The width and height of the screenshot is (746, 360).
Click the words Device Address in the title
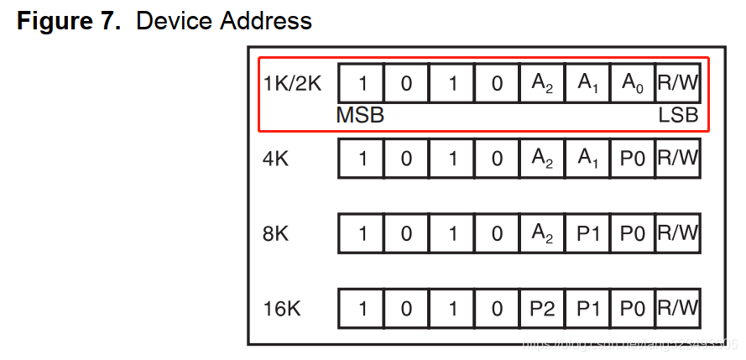[224, 20]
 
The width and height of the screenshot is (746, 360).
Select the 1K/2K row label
[292, 84]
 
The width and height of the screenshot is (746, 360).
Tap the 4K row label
[276, 158]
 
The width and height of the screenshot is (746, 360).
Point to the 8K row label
[276, 233]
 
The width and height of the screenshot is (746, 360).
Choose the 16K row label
[282, 308]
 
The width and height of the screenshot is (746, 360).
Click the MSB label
[360, 116]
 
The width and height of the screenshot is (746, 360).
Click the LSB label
[678, 116]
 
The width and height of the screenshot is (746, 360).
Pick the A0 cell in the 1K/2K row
[633, 84]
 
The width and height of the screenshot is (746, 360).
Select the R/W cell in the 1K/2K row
[678, 84]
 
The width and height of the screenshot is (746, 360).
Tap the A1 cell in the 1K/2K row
[587, 84]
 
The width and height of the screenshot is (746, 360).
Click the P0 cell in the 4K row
[633, 158]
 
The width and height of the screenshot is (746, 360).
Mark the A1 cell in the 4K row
[587, 158]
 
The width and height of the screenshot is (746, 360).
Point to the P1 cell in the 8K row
[587, 233]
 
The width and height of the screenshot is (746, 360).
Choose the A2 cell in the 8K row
[542, 233]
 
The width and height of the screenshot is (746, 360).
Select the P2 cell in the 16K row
[542, 308]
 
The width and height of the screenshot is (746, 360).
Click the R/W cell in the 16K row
[678, 308]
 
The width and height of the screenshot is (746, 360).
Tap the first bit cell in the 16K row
[362, 308]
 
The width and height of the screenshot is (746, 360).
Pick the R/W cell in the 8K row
[678, 233]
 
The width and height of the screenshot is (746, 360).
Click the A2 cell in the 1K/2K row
[542, 84]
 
